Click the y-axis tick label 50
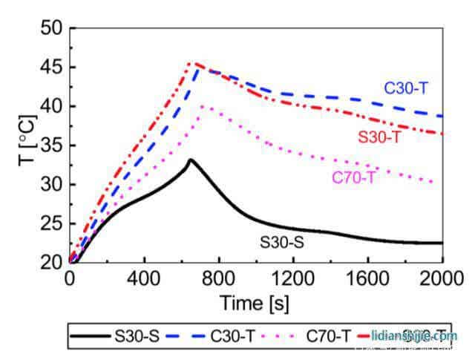pos(51,29)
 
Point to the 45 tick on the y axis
pos(51,68)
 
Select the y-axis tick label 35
pos(51,145)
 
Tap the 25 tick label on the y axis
pos(51,223)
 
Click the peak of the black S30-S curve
pos(191,160)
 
